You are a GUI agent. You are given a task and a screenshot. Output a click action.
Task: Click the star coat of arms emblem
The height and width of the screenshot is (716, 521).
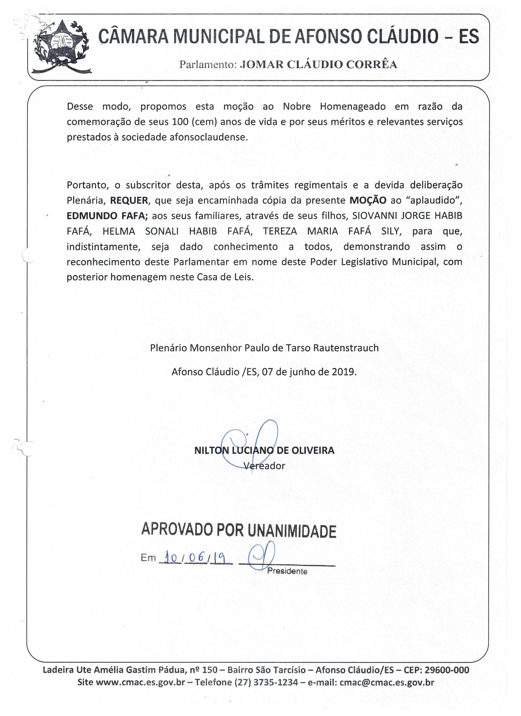tap(61, 47)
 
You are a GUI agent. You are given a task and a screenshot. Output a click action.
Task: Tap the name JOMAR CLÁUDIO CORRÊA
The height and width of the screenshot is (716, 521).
tap(318, 64)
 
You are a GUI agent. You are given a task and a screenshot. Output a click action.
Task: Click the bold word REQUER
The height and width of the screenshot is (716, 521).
tap(129, 201)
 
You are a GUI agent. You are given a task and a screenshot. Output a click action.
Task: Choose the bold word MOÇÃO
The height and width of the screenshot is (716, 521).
tap(368, 201)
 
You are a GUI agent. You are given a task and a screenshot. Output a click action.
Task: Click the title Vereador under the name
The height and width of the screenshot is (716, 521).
tap(265, 466)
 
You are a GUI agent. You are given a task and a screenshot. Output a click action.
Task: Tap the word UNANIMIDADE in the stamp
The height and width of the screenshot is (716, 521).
tap(292, 531)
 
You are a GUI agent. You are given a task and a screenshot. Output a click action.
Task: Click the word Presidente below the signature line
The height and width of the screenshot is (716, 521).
tap(287, 571)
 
